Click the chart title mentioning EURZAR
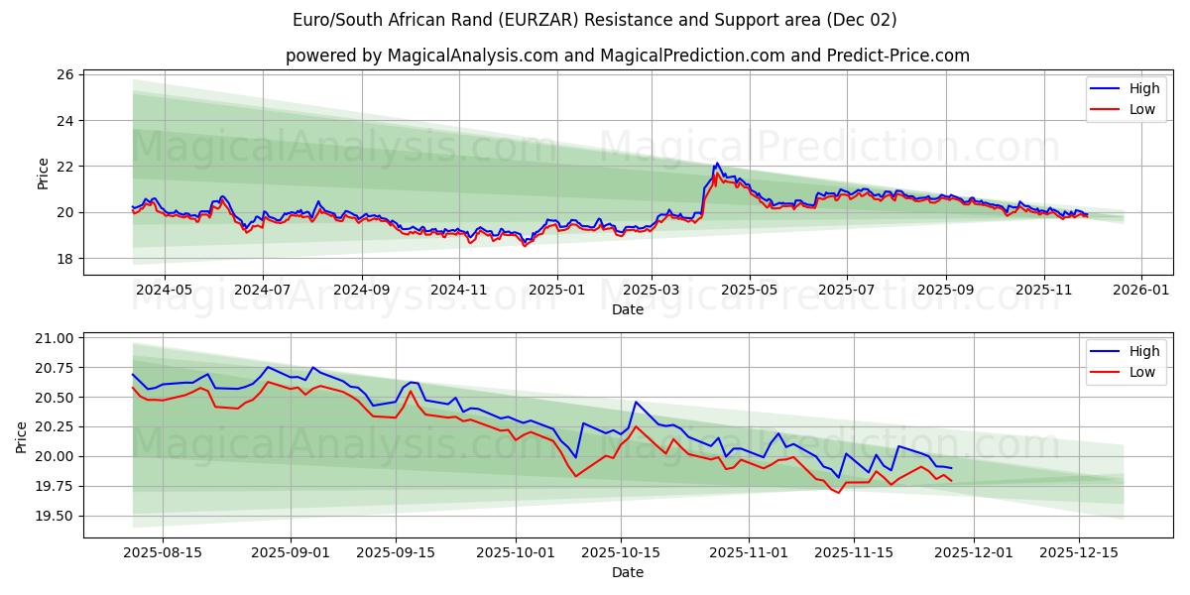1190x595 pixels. point(595,20)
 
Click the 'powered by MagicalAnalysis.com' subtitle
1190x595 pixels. point(627,56)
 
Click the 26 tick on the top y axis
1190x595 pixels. point(65,75)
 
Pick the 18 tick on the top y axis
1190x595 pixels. point(65,259)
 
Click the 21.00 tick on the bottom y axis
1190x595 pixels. point(54,338)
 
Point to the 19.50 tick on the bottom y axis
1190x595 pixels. point(54,517)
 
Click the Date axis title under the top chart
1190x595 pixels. point(627,309)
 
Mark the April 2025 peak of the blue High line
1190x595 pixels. point(716,164)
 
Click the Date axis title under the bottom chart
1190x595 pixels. point(627,572)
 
